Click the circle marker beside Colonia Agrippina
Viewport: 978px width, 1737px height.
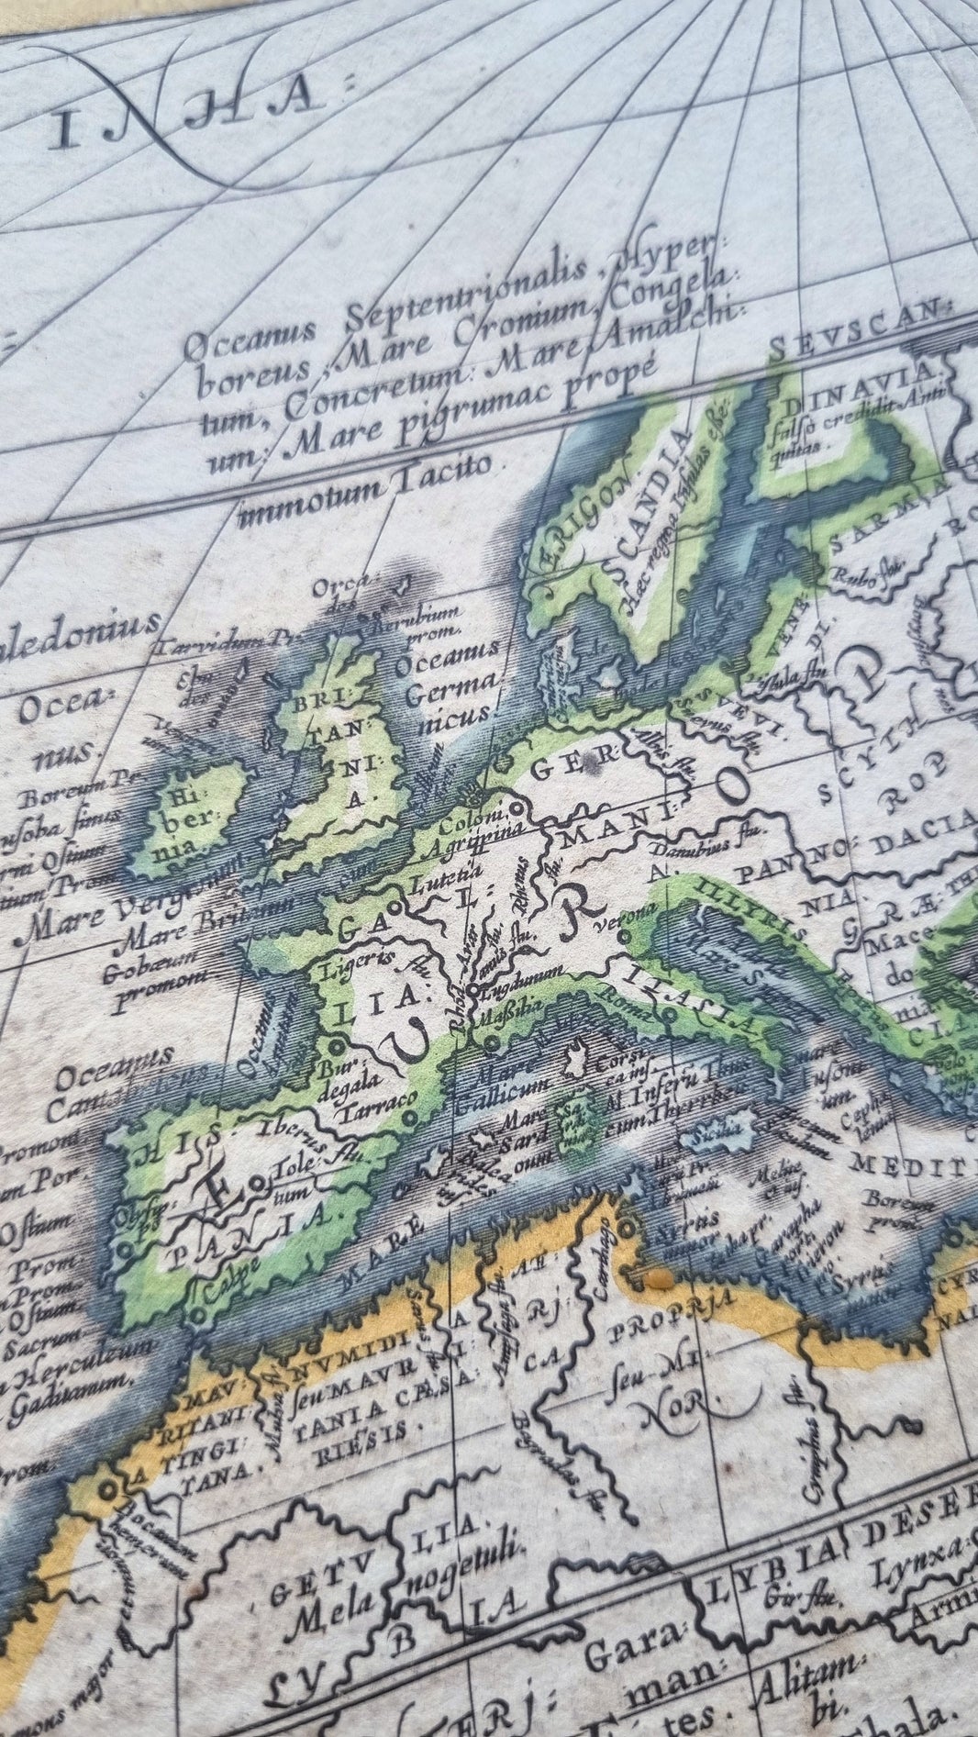516,808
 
